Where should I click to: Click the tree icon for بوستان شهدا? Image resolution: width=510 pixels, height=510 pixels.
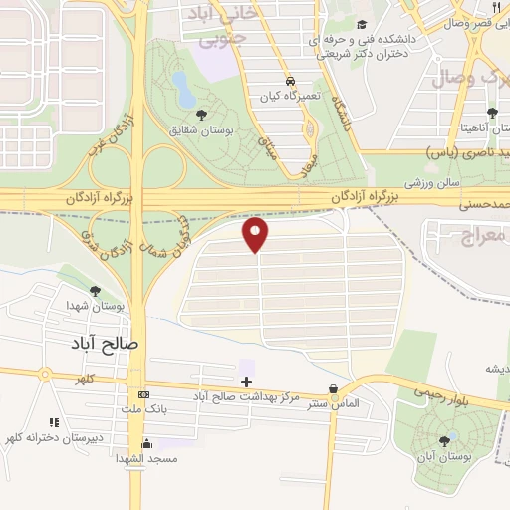pyautogui.click(x=95, y=291)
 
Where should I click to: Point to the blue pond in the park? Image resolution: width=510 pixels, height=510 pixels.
pyautogui.click(x=184, y=88)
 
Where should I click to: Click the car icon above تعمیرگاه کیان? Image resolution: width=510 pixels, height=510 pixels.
pyautogui.click(x=289, y=81)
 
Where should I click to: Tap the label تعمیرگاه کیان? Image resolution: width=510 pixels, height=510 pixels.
pyautogui.click(x=281, y=96)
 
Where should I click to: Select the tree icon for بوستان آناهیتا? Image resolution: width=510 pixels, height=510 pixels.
pyautogui.click(x=491, y=112)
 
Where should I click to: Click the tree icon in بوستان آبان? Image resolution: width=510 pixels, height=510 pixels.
pyautogui.click(x=443, y=439)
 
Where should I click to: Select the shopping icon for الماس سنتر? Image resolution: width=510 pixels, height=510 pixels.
pyautogui.click(x=333, y=389)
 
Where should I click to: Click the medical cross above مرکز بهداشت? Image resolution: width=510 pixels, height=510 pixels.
pyautogui.click(x=246, y=382)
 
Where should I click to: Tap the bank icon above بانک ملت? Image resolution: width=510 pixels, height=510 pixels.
pyautogui.click(x=142, y=393)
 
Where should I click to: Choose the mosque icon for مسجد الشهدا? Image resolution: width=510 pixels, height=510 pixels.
pyautogui.click(x=147, y=444)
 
